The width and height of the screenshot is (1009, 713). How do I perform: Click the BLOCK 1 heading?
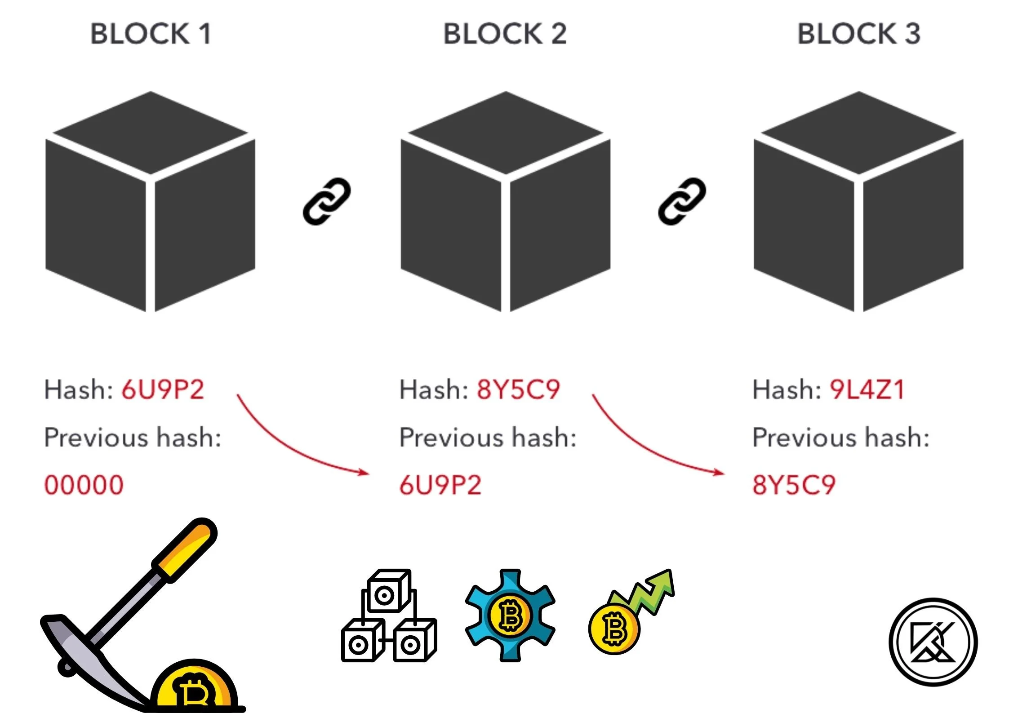(x=151, y=34)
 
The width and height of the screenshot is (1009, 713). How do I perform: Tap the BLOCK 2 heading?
(x=505, y=34)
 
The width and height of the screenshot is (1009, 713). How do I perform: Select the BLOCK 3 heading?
(x=858, y=34)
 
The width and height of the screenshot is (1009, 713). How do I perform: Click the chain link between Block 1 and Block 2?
(x=327, y=202)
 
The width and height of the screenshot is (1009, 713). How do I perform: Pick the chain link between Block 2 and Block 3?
(x=682, y=202)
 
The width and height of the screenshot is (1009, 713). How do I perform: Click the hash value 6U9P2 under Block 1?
(x=163, y=390)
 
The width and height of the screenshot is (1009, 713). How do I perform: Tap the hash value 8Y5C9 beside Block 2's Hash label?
(x=518, y=390)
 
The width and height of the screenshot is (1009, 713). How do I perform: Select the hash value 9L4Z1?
(x=867, y=390)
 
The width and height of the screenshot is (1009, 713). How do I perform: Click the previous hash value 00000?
(x=84, y=485)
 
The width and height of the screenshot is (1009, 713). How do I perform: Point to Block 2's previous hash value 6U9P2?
(x=440, y=485)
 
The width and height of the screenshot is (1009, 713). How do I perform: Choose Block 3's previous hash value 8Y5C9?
(x=794, y=485)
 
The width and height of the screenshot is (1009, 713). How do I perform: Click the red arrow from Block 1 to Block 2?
(x=297, y=445)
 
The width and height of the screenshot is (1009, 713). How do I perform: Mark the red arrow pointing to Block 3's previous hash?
(x=652, y=445)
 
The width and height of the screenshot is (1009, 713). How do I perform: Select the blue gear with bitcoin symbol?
(x=510, y=616)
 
